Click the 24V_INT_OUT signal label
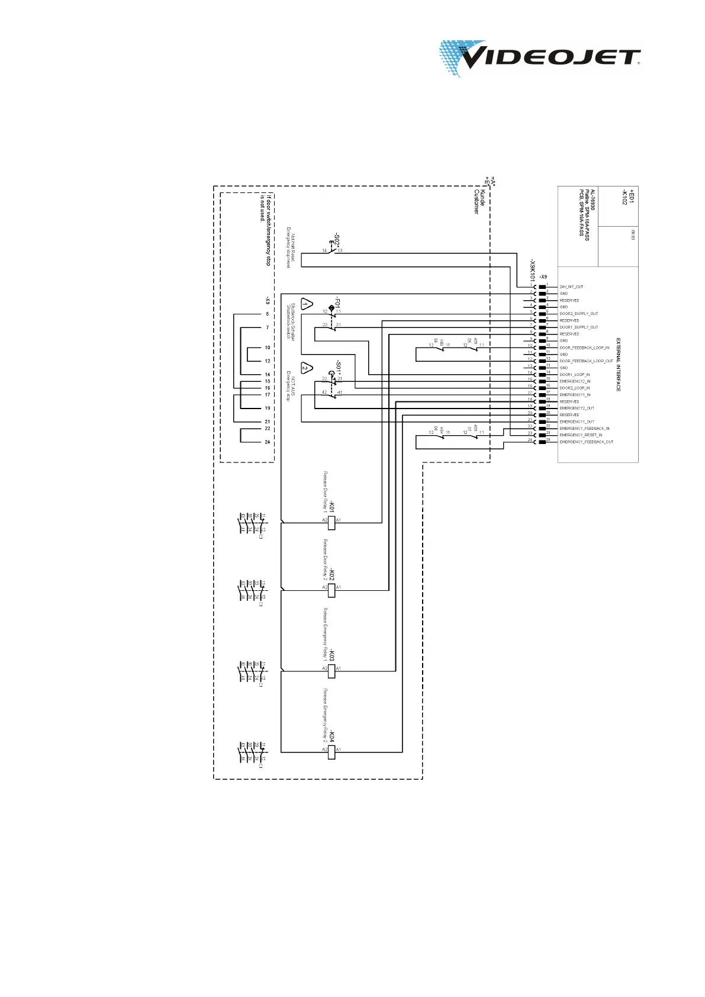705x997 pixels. (x=571, y=287)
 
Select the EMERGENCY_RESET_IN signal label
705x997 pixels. (x=581, y=435)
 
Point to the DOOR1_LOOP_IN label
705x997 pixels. (x=574, y=375)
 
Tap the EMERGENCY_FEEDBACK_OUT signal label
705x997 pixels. (x=586, y=442)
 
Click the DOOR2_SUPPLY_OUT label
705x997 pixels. (x=578, y=314)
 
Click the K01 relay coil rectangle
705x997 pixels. (x=331, y=522)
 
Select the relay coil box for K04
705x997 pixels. (x=331, y=752)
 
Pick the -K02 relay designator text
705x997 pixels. (x=332, y=574)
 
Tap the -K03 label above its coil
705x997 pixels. (x=332, y=655)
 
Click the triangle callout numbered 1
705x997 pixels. (x=306, y=304)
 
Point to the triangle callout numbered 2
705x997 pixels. (x=306, y=368)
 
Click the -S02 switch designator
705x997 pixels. (x=337, y=240)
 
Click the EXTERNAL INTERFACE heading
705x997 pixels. (x=619, y=365)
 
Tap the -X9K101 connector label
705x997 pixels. (x=533, y=270)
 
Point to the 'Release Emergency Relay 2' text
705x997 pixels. (x=325, y=715)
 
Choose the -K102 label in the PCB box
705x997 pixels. (x=623, y=198)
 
